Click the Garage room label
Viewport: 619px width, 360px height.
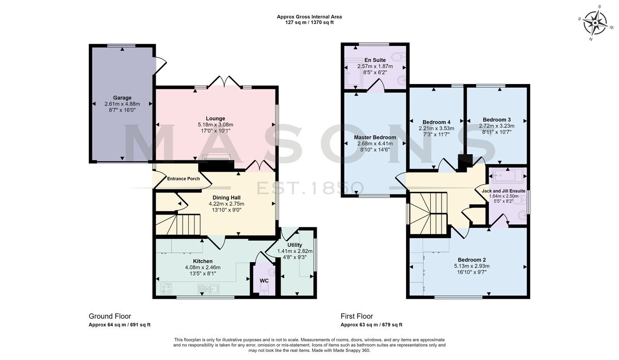pos(122,97)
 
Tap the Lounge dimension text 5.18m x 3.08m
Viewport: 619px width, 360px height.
pos(216,125)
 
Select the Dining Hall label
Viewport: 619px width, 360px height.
pos(226,198)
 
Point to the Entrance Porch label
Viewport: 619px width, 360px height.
pos(184,179)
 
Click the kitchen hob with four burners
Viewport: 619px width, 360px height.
pos(166,289)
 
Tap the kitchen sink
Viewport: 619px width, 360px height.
pos(208,289)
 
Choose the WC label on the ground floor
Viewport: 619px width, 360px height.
pos(264,281)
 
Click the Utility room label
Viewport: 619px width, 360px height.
pos(295,245)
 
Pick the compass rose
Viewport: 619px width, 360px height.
pos(595,23)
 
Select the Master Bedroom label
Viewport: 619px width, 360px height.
pos(375,137)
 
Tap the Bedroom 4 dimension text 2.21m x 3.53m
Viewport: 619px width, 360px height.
pos(436,128)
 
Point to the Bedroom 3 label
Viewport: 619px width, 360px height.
pos(497,120)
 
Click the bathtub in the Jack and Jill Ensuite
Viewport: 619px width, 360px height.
pos(508,175)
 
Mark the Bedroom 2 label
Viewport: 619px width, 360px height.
pos(471,260)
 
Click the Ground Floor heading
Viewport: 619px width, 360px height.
pos(110,316)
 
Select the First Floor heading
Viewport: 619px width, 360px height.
pos(357,316)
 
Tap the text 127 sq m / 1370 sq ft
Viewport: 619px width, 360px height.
pos(309,22)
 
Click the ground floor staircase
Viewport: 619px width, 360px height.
pos(178,224)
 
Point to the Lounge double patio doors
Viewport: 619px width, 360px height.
pos(224,81)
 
